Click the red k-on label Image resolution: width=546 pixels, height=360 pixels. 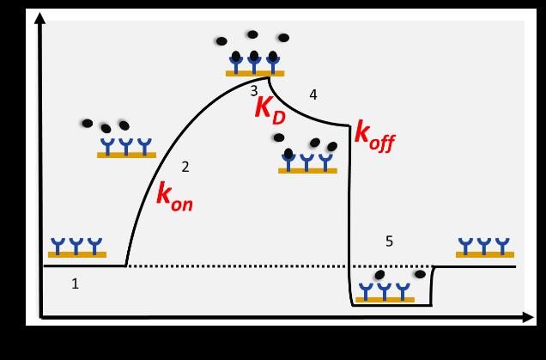[173, 195]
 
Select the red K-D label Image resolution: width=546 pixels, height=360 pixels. [270, 110]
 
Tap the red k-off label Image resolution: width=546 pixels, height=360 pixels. [374, 135]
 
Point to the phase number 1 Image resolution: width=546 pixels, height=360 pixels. [75, 284]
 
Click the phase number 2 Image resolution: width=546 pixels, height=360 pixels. [185, 167]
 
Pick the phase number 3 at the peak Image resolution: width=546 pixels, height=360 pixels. [253, 90]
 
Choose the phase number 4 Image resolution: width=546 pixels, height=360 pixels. [313, 95]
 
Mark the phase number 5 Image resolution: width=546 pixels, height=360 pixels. [389, 241]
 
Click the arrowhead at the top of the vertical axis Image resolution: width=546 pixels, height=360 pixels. [39, 18]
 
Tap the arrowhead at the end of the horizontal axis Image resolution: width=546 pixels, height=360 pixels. [528, 318]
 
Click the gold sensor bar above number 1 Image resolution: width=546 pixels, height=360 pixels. [77, 254]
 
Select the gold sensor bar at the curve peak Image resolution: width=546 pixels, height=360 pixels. [255, 74]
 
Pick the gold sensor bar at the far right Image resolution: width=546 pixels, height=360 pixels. [485, 254]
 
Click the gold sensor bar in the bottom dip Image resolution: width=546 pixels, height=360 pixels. [385, 299]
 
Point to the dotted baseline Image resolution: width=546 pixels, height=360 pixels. [240, 266]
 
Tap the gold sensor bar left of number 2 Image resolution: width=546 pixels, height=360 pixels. [126, 156]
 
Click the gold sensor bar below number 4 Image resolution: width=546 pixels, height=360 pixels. [307, 171]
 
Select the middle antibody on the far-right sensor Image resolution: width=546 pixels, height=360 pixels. [485, 245]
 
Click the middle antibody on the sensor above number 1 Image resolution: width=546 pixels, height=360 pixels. [76, 245]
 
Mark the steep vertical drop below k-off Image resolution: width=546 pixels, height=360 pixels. [349, 215]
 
